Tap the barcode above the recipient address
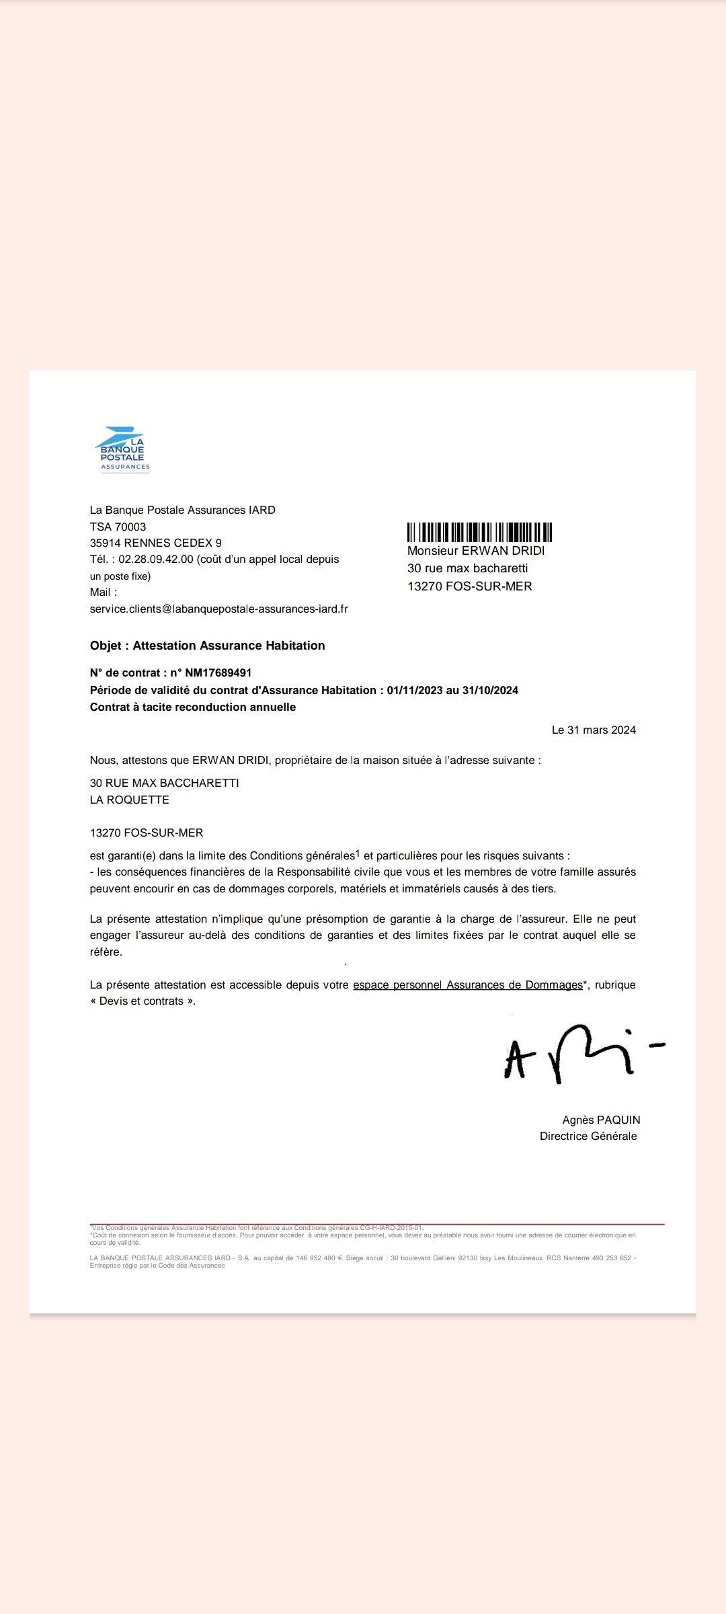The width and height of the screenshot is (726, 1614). (479, 532)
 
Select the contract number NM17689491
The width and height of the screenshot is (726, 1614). (218, 672)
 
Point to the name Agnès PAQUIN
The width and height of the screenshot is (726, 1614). (601, 1120)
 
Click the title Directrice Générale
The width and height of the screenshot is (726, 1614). (588, 1136)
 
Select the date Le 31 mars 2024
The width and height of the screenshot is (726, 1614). (594, 730)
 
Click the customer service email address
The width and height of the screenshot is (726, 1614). (219, 609)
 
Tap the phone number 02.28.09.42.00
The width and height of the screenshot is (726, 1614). (156, 559)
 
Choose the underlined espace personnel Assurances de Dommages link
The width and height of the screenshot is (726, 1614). (468, 985)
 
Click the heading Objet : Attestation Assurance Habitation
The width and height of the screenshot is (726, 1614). (207, 646)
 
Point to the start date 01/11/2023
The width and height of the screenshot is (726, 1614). (415, 690)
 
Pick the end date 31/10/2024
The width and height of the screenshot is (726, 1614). (490, 690)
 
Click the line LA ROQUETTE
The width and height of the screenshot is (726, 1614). (130, 800)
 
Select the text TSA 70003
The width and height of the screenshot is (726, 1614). (118, 527)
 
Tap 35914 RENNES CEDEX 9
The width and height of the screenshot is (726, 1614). (156, 543)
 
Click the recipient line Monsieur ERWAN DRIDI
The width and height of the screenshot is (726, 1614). (476, 551)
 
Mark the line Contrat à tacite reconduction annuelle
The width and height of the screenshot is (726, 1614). (193, 707)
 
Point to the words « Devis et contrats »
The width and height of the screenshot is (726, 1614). (143, 1001)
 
